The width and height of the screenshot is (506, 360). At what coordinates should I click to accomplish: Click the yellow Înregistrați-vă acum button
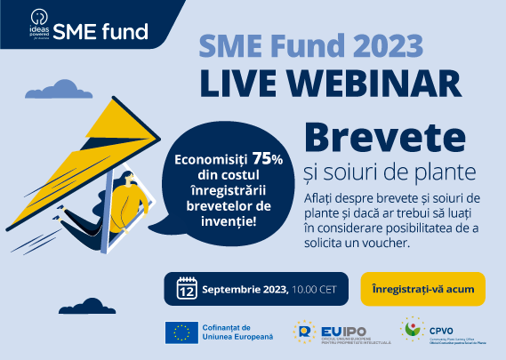point(422,289)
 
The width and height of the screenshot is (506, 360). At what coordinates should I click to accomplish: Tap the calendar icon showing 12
point(187,289)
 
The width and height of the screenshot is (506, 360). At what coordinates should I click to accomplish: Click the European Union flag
point(182,332)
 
